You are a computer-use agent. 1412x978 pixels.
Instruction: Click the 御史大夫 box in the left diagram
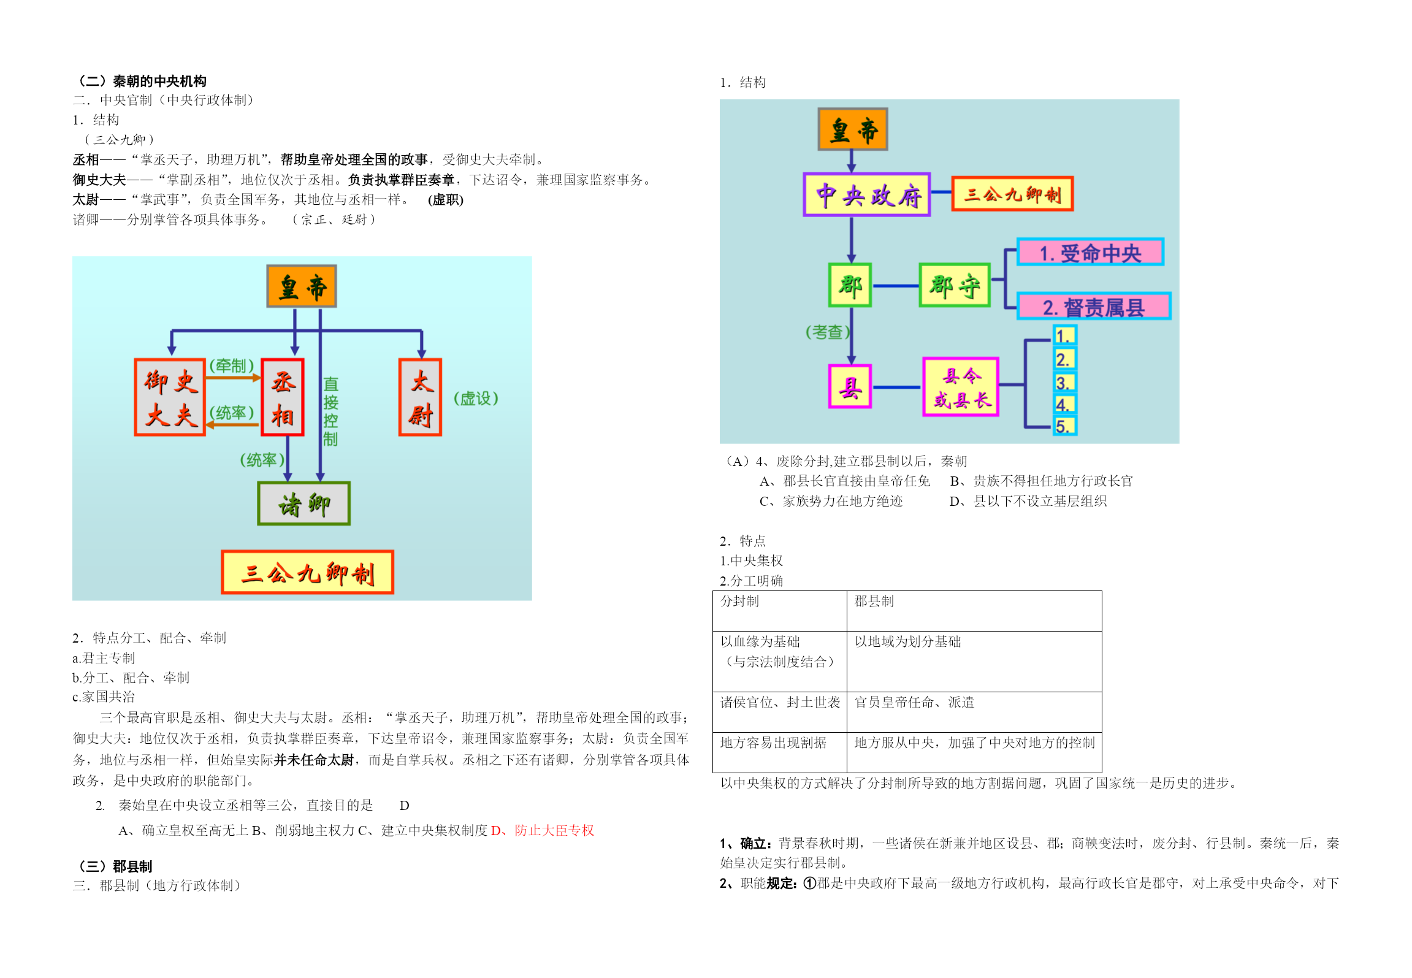coord(170,397)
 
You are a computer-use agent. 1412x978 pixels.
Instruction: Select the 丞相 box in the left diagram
coord(283,397)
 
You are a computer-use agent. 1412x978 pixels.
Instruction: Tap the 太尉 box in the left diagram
coord(421,397)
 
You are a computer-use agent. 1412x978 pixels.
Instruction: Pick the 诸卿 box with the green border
coord(304,503)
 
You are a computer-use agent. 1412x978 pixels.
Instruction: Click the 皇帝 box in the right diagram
coord(853,129)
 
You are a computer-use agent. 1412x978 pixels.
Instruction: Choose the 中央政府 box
coord(867,194)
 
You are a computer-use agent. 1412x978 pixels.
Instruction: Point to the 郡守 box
coord(955,285)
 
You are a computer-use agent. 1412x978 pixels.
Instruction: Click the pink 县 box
coord(850,386)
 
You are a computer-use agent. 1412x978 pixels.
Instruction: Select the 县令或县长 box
coord(961,387)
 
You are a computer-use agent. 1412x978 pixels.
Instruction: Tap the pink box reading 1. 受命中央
coord(1090,252)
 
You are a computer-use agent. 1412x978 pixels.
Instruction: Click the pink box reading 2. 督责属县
coord(1094,306)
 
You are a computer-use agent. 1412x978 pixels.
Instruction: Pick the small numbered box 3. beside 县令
coord(1064,382)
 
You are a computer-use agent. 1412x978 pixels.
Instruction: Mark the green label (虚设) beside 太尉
coord(476,399)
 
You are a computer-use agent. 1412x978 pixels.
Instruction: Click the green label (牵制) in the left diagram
coord(231,365)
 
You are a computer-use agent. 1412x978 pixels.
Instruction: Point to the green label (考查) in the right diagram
coord(827,332)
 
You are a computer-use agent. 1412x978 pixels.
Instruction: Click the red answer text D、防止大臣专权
coord(543,830)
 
